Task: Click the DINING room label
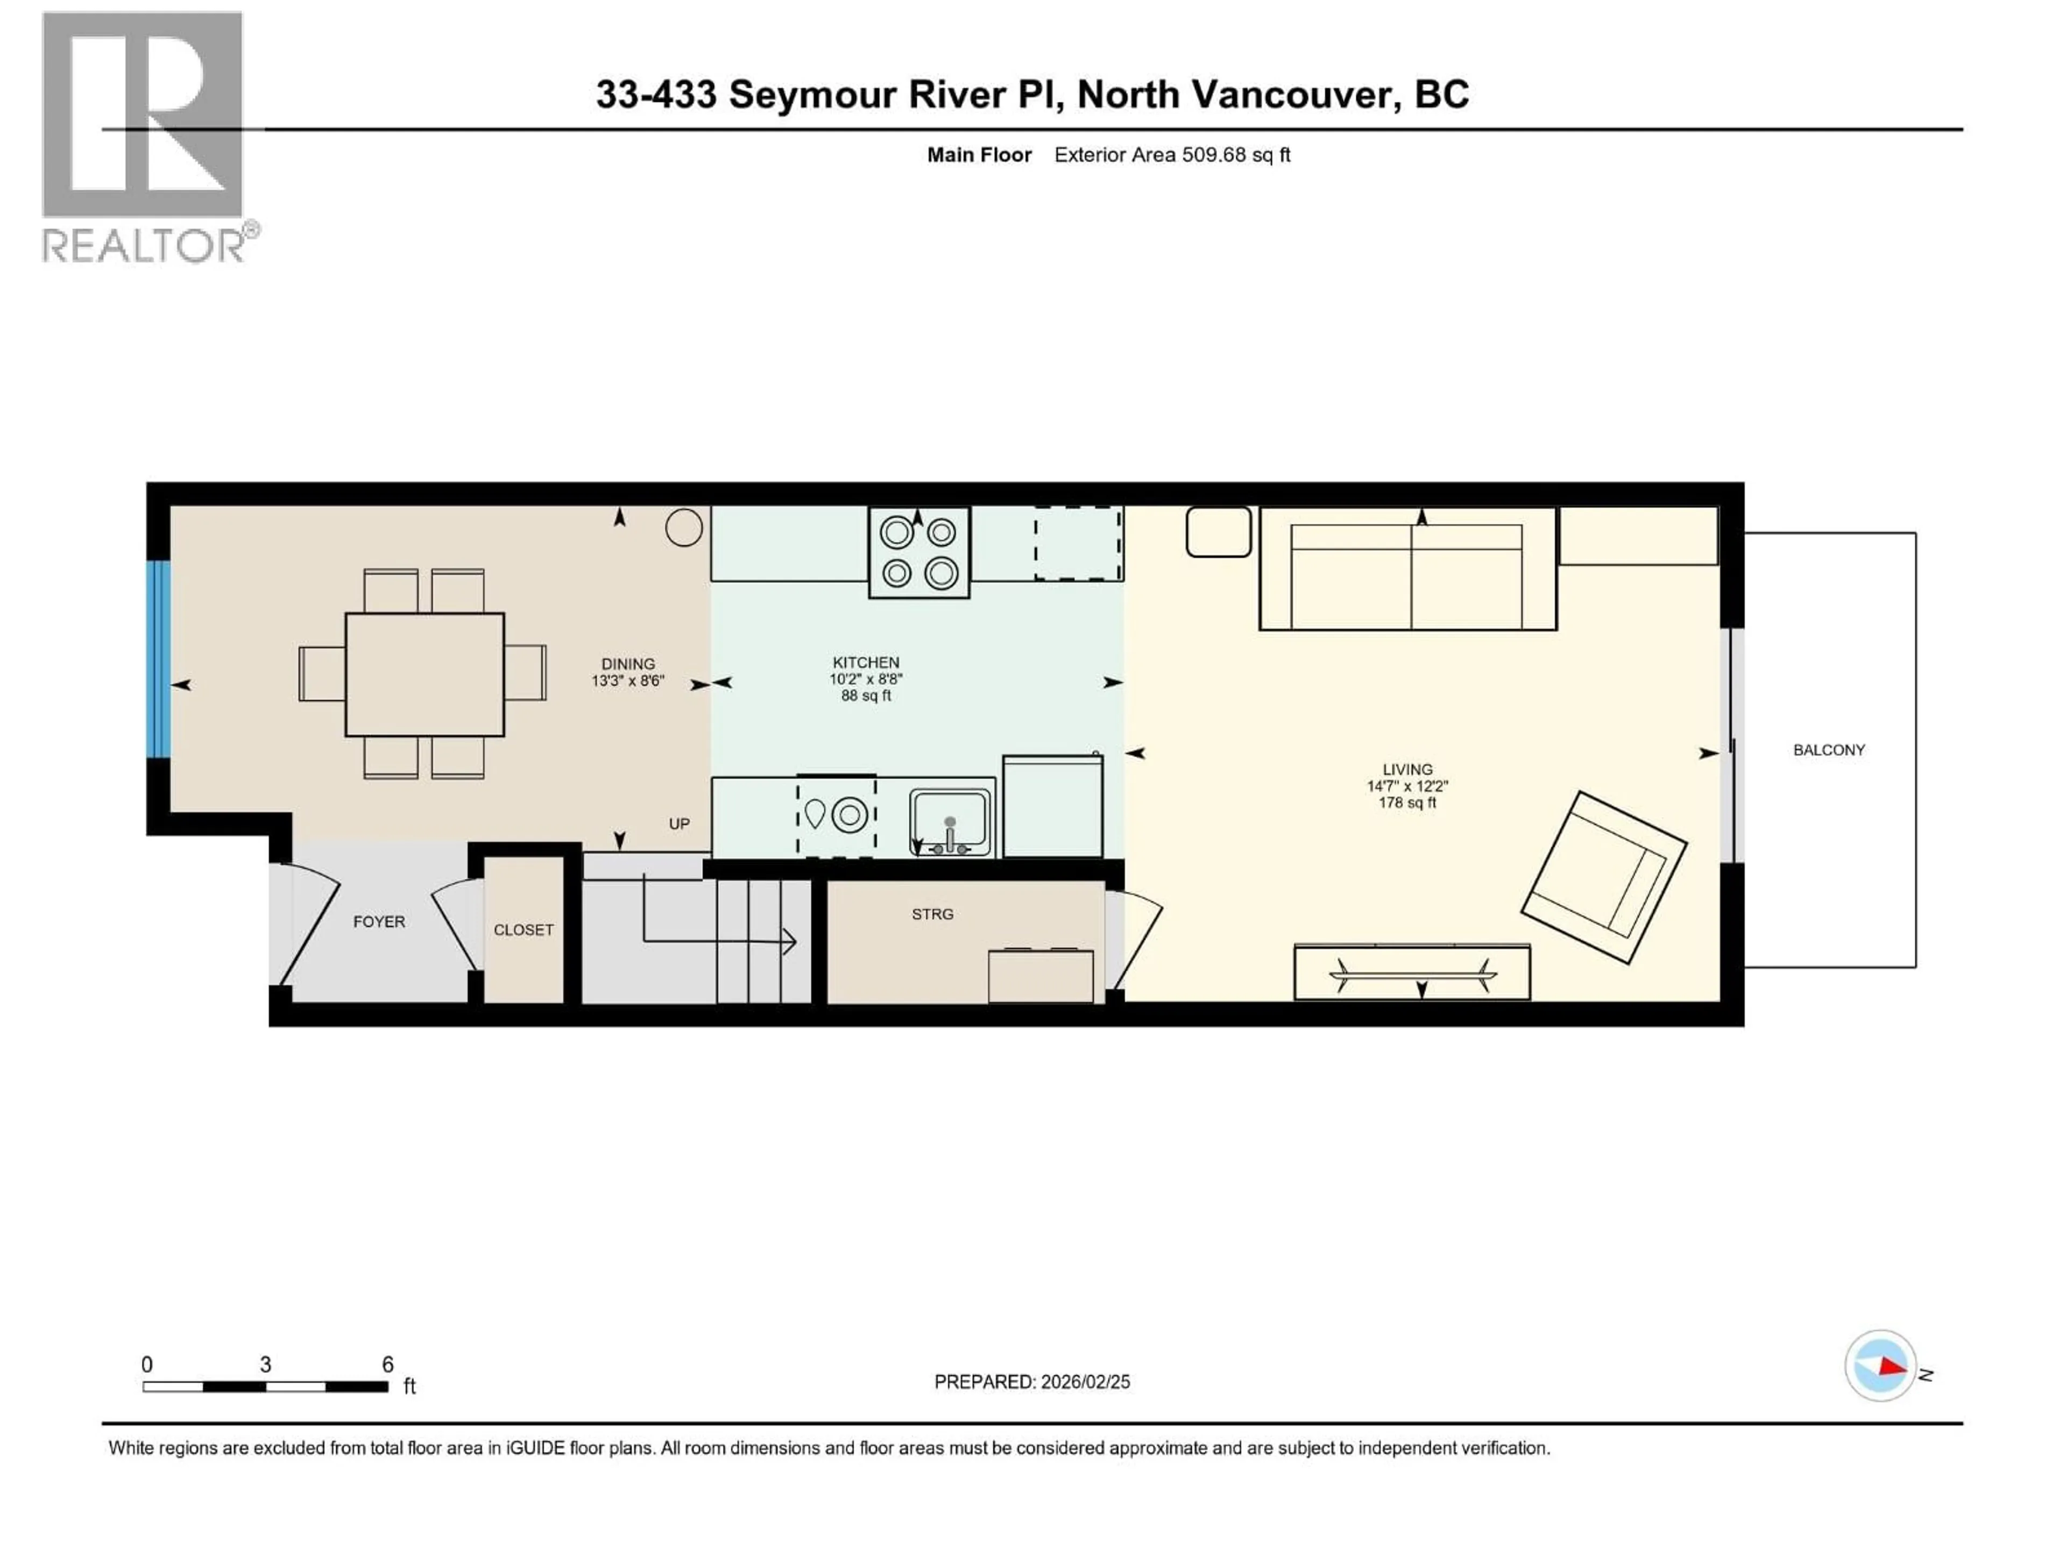(x=628, y=664)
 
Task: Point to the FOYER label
(x=379, y=921)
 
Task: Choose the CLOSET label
(x=523, y=930)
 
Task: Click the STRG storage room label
(x=932, y=914)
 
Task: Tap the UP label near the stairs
(x=679, y=823)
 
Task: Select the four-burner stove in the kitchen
(x=919, y=552)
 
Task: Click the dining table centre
(x=425, y=674)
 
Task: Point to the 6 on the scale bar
(x=387, y=1364)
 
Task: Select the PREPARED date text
(x=1031, y=1382)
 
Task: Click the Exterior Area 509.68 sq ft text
(x=1172, y=155)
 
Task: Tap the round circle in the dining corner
(x=684, y=528)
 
